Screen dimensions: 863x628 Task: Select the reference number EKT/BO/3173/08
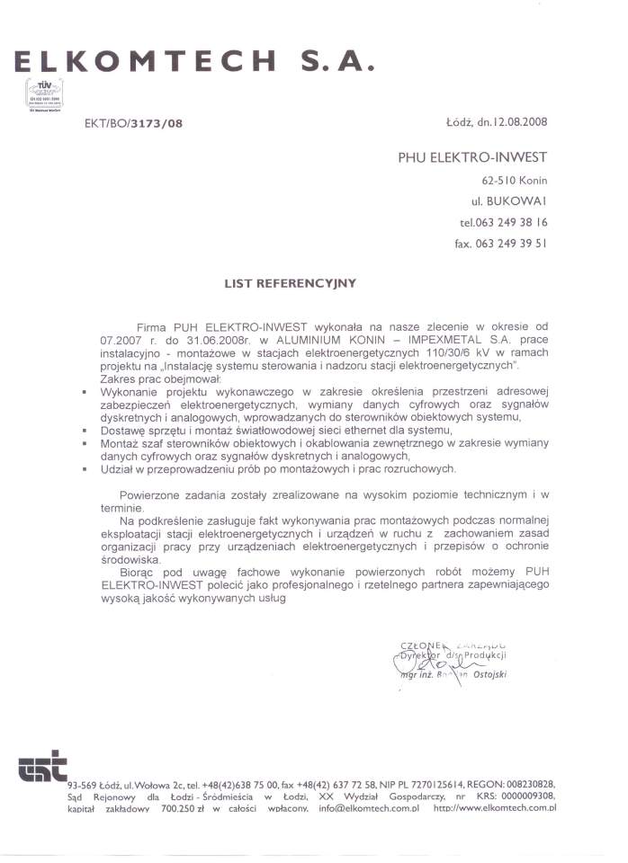tap(134, 122)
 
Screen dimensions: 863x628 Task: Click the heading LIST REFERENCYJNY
tap(290, 283)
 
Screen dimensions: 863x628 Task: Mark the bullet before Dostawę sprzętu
tap(83, 431)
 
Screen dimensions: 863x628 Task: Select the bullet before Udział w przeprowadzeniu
tap(83, 469)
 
